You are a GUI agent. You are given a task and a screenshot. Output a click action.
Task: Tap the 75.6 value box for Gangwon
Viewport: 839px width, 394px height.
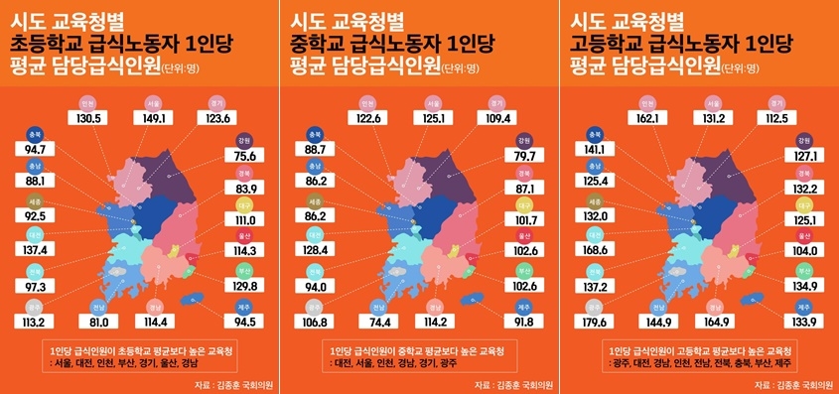246,156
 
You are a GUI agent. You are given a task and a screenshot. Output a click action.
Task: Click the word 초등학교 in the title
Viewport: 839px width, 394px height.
44,45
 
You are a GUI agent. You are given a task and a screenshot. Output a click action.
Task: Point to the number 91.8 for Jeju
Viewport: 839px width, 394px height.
526,321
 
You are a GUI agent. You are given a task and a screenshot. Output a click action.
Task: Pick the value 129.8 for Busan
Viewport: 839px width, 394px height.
246,286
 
